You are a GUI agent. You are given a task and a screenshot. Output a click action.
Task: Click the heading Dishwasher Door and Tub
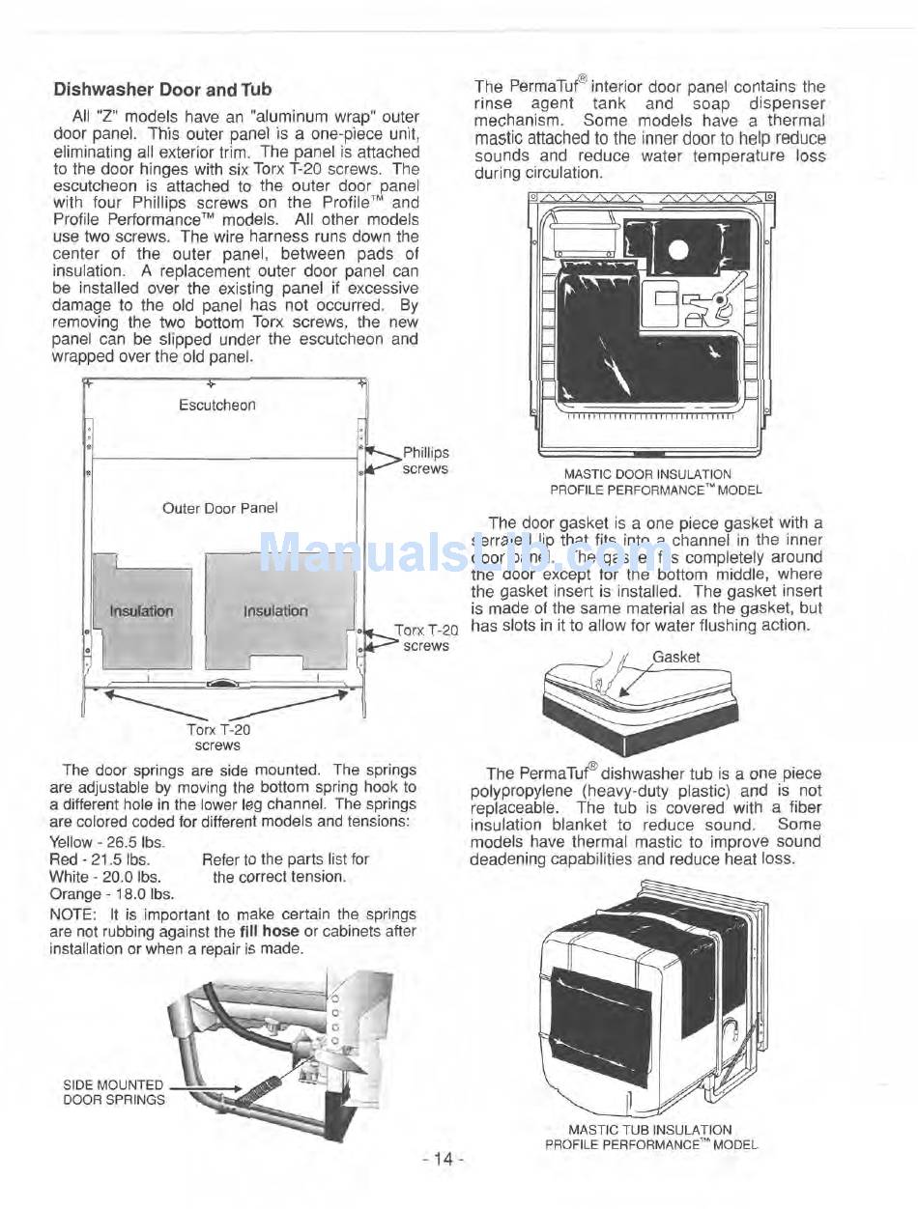click(x=162, y=90)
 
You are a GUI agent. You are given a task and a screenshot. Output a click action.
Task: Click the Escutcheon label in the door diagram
click(x=217, y=406)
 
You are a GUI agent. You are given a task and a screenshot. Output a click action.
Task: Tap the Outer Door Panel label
click(x=219, y=508)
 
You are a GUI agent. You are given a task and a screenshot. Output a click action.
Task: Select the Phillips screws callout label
click(x=425, y=461)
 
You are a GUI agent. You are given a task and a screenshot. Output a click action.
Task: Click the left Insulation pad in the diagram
click(x=141, y=611)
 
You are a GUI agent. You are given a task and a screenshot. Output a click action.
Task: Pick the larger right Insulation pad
click(x=276, y=611)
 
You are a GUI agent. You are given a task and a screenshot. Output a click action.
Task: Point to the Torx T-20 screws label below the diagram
click(x=217, y=738)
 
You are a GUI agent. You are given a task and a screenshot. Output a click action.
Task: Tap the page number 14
click(x=444, y=1160)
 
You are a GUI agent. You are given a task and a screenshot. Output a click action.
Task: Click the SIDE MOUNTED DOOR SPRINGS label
click(x=114, y=1092)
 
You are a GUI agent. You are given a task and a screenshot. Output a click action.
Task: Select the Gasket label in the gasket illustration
click(x=675, y=658)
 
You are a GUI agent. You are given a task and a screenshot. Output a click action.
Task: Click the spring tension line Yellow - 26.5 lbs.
click(x=107, y=841)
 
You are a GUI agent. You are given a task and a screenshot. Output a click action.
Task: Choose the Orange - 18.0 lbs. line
click(x=111, y=893)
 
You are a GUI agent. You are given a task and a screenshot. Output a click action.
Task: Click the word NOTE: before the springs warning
click(x=72, y=914)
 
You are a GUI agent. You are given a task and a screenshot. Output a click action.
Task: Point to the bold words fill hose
click(x=269, y=931)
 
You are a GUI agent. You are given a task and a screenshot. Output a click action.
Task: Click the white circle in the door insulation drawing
click(x=677, y=251)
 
